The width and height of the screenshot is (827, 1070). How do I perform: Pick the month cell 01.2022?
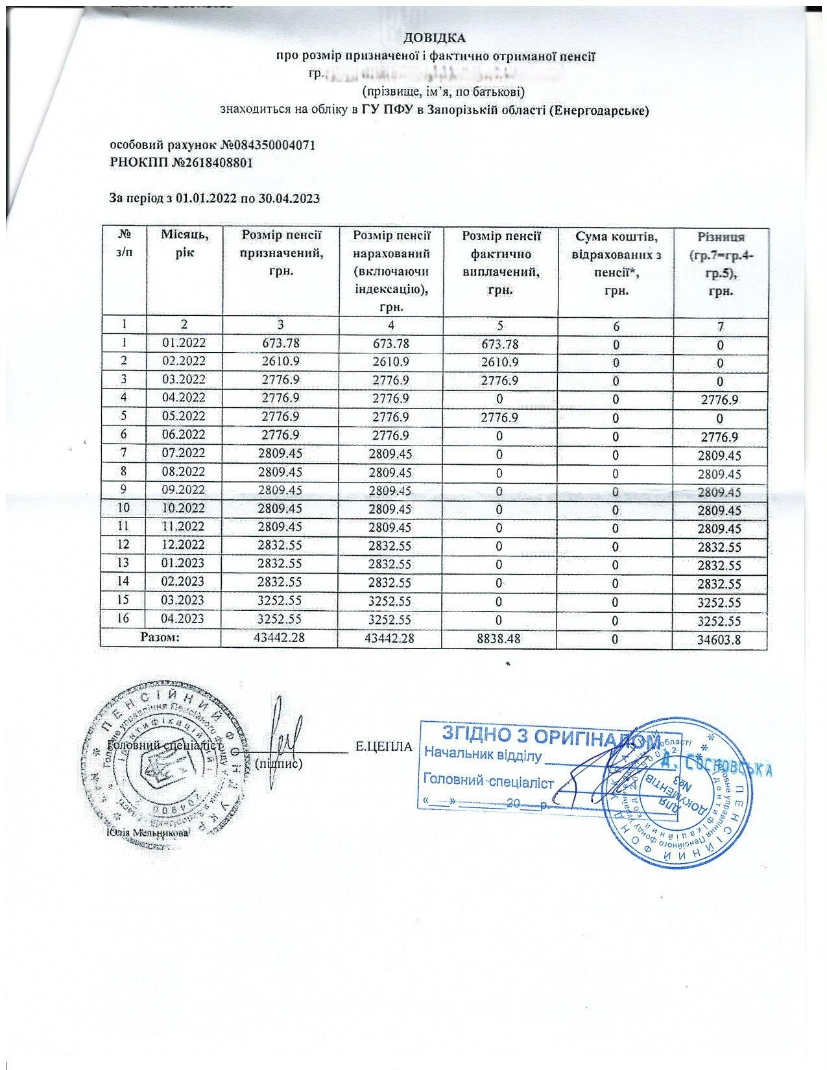tap(184, 344)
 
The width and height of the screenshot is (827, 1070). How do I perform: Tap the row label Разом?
tap(160, 637)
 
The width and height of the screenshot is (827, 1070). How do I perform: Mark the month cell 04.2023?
tap(184, 618)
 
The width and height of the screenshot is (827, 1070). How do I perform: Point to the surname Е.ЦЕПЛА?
tap(384, 747)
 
